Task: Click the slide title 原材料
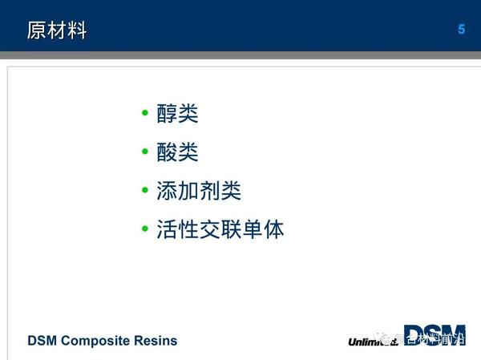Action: pyautogui.click(x=57, y=30)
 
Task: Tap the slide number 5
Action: pyautogui.click(x=461, y=30)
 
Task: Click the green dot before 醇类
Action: pyautogui.click(x=145, y=114)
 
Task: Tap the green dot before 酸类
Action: pyautogui.click(x=145, y=152)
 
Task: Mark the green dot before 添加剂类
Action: pyautogui.click(x=145, y=191)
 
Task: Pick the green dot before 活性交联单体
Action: pyautogui.click(x=145, y=230)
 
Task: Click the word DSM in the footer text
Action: pyautogui.click(x=42, y=341)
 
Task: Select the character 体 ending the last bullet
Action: pyautogui.click(x=273, y=230)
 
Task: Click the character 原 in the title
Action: pyautogui.click(x=37, y=30)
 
